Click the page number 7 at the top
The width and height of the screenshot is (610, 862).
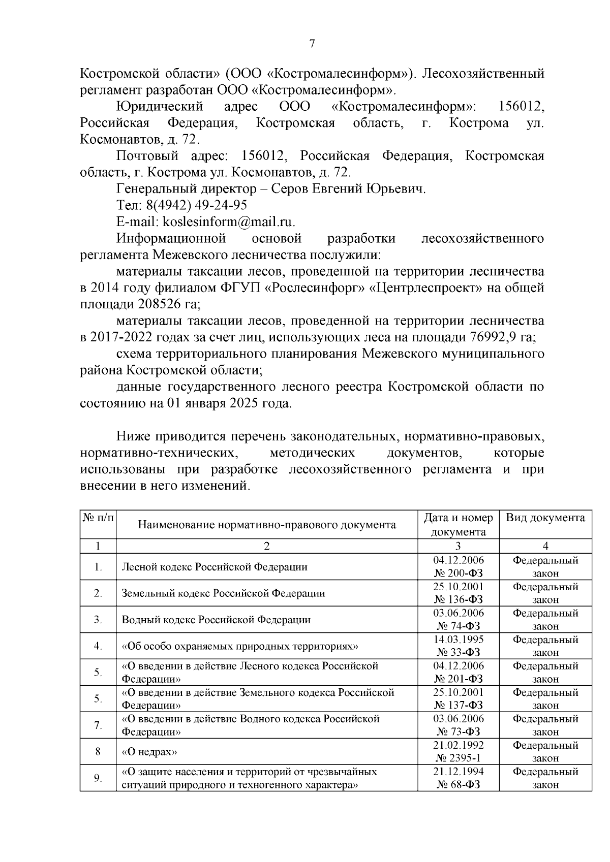point(312,44)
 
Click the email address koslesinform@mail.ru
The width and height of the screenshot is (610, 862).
point(226,222)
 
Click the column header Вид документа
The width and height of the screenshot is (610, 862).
point(545,518)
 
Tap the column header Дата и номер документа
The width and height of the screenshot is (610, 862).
point(458,524)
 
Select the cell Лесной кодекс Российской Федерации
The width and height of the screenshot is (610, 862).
point(215,567)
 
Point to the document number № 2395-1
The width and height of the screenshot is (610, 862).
point(458,758)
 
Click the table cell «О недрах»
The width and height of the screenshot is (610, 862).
point(149,752)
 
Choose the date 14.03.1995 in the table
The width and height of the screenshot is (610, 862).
point(458,640)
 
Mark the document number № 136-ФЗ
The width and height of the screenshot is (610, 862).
point(458,600)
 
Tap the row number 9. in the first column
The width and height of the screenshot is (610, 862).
point(98,778)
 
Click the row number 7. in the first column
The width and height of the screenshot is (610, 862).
point(98,725)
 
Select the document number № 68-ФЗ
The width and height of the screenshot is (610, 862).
point(458,785)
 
